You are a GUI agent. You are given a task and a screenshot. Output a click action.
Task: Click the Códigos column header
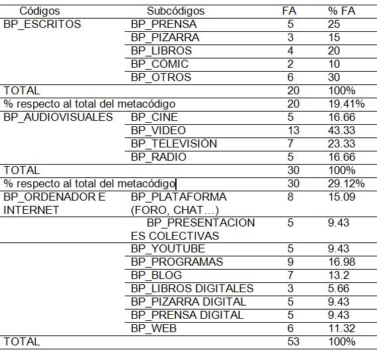pyautogui.click(x=39, y=11)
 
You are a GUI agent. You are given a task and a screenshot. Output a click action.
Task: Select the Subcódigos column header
pyautogui.click(x=175, y=11)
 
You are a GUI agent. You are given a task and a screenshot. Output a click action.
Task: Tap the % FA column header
pyautogui.click(x=342, y=11)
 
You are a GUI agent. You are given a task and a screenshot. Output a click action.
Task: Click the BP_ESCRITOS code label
pyautogui.click(x=42, y=24)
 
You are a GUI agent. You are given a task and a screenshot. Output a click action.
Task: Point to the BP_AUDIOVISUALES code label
pyautogui.click(x=58, y=117)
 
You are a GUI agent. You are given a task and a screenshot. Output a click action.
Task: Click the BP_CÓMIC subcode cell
pyautogui.click(x=159, y=64)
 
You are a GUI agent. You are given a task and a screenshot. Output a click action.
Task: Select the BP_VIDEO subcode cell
pyautogui.click(x=158, y=130)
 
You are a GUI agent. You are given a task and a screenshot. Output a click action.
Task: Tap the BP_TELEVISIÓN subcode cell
pyautogui.click(x=174, y=143)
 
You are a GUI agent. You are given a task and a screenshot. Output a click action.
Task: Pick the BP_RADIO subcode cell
pyautogui.click(x=159, y=157)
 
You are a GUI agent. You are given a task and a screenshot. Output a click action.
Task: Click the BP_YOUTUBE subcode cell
pyautogui.click(x=168, y=248)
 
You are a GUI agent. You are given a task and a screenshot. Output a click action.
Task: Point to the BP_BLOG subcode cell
pyautogui.click(x=156, y=275)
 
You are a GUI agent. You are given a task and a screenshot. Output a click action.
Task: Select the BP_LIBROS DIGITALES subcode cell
pyautogui.click(x=192, y=288)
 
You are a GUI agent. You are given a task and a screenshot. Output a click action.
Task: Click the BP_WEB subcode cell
pyautogui.click(x=155, y=328)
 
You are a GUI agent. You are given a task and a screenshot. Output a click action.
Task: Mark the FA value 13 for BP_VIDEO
pyautogui.click(x=293, y=130)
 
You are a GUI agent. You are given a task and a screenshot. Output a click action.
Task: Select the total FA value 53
pyautogui.click(x=293, y=341)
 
